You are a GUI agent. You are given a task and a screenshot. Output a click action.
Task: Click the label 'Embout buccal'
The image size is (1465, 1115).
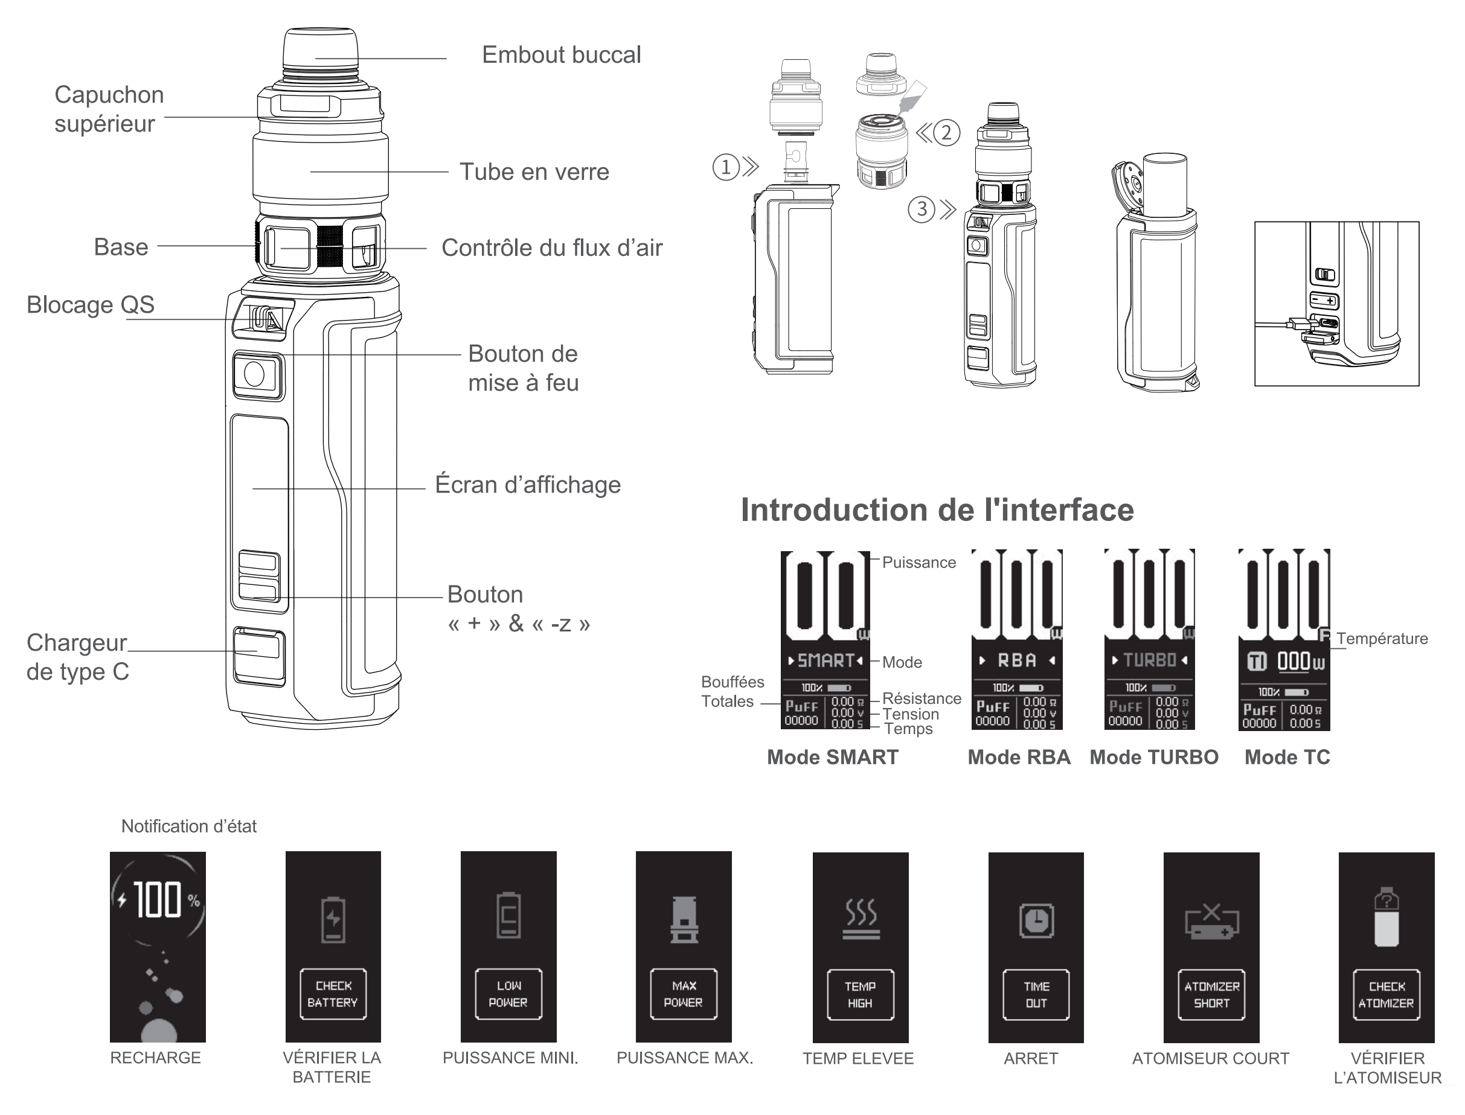coord(561,55)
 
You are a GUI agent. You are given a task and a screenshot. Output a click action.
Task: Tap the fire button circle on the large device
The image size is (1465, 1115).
coord(254,374)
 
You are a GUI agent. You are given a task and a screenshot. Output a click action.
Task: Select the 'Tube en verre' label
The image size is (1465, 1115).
coord(534,172)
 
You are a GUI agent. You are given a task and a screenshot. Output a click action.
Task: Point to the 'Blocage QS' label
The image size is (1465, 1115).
coord(90,305)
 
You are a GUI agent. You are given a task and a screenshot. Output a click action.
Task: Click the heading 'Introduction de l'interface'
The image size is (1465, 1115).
coord(937,510)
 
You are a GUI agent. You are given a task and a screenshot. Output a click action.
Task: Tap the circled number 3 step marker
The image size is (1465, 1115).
coord(922,209)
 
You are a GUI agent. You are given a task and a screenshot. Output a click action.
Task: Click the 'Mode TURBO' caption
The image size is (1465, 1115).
coord(1153,757)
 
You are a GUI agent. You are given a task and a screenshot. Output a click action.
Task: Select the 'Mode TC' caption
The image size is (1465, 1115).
coord(1287,757)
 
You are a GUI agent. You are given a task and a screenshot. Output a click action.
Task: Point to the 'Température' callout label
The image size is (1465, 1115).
coord(1382,639)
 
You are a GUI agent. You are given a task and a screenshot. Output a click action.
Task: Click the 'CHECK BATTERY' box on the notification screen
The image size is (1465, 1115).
coord(333,994)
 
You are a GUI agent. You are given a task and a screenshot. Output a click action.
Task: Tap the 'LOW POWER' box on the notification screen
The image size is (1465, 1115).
coord(508,994)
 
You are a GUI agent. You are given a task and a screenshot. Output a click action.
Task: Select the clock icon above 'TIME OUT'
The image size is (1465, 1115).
coord(1036,921)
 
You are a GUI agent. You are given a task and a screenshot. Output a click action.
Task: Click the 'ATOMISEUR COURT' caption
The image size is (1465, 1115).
coord(1210,1059)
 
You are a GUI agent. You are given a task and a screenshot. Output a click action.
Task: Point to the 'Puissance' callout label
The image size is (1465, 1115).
coord(918,563)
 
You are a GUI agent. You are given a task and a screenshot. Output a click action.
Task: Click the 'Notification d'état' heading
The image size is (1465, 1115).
coord(188,826)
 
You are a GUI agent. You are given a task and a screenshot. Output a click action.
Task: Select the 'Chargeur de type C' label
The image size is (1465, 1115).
coord(78,657)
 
